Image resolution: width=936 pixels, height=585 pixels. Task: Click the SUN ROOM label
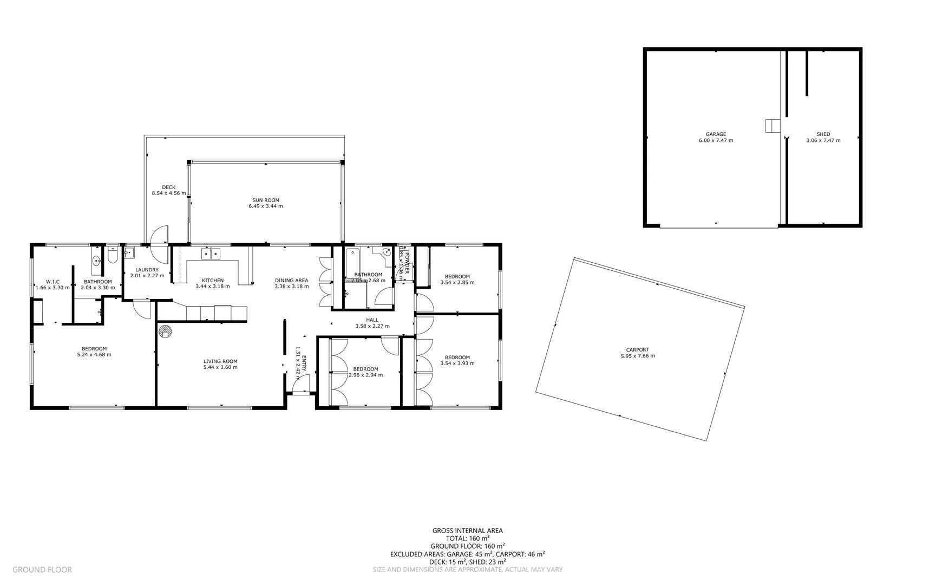pyautogui.click(x=265, y=200)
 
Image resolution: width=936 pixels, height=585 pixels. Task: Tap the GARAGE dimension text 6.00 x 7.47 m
pyautogui.click(x=716, y=140)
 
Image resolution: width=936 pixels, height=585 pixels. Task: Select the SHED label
pyautogui.click(x=823, y=134)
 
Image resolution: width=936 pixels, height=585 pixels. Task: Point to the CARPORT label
pyautogui.click(x=637, y=349)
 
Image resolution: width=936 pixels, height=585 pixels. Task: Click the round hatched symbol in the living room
pyautogui.click(x=165, y=331)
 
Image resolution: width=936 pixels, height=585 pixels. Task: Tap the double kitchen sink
pyautogui.click(x=211, y=253)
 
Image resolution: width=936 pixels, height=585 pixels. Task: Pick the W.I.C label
pyautogui.click(x=53, y=281)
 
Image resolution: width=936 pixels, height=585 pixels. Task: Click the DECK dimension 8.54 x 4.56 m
pyautogui.click(x=168, y=193)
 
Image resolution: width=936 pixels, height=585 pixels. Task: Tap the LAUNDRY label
pyautogui.click(x=147, y=269)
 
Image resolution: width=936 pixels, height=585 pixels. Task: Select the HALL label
pyautogui.click(x=372, y=320)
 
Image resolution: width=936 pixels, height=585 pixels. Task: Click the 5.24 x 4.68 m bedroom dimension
pyautogui.click(x=94, y=355)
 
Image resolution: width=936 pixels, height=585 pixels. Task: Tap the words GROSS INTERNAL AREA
pyautogui.click(x=467, y=530)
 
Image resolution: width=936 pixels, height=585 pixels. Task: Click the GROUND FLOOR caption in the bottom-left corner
pyautogui.click(x=42, y=569)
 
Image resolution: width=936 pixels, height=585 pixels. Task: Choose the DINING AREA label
pyautogui.click(x=291, y=280)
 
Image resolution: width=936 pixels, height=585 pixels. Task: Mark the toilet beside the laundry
pyautogui.click(x=112, y=256)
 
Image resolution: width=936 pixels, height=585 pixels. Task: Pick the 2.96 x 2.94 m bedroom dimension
pyautogui.click(x=365, y=375)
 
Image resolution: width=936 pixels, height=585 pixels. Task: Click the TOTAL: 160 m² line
pyautogui.click(x=467, y=538)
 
